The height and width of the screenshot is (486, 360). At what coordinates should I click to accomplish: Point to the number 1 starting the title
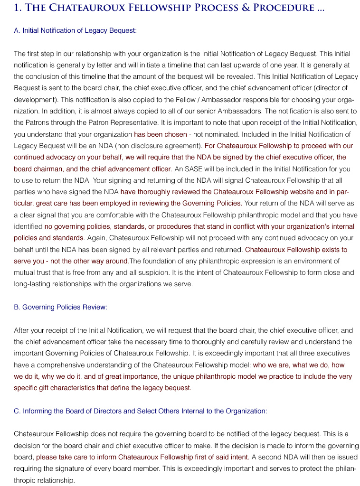point(17,8)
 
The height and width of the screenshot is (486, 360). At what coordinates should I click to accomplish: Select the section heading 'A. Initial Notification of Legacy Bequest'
point(75,30)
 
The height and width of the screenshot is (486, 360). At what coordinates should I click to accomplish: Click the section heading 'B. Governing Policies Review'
point(60,307)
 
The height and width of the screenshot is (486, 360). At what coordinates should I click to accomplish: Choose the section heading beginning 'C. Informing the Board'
point(141,411)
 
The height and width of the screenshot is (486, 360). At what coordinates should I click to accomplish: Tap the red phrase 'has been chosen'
point(161,134)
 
